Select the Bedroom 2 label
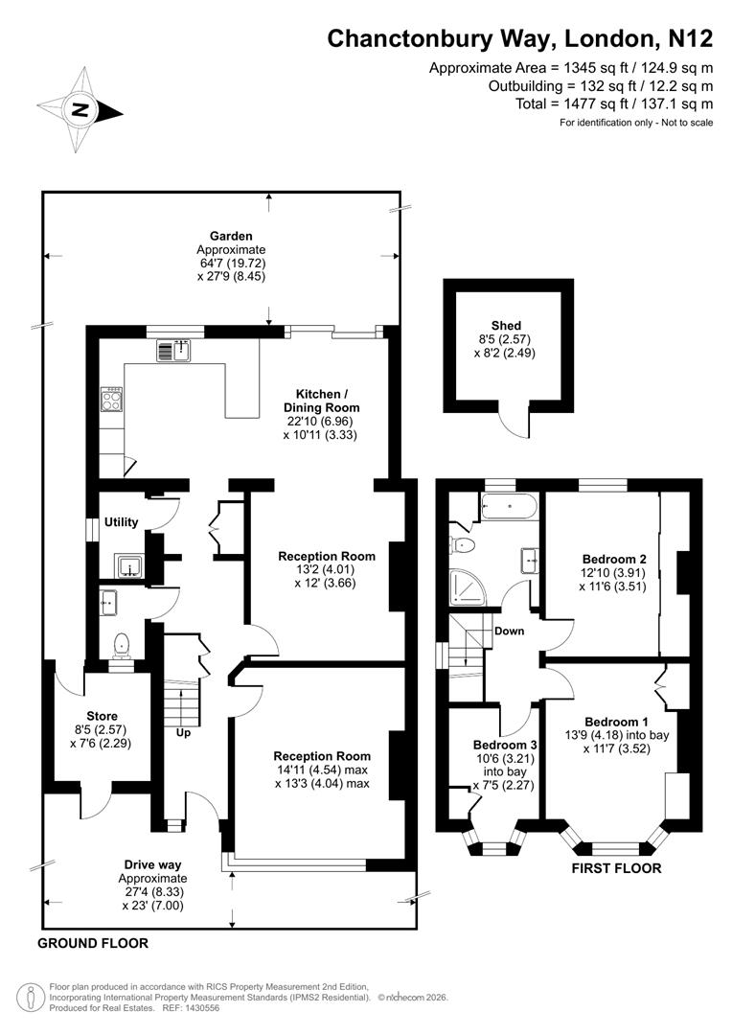point(614,558)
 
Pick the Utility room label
point(121,522)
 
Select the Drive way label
point(152,863)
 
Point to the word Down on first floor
point(508,631)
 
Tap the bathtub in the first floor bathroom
point(510,505)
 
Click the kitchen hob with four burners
point(112,399)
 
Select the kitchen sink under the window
point(176,352)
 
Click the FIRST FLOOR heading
point(616,869)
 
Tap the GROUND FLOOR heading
point(93,943)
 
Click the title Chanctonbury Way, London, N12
point(520,38)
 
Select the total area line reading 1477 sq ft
point(602,103)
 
